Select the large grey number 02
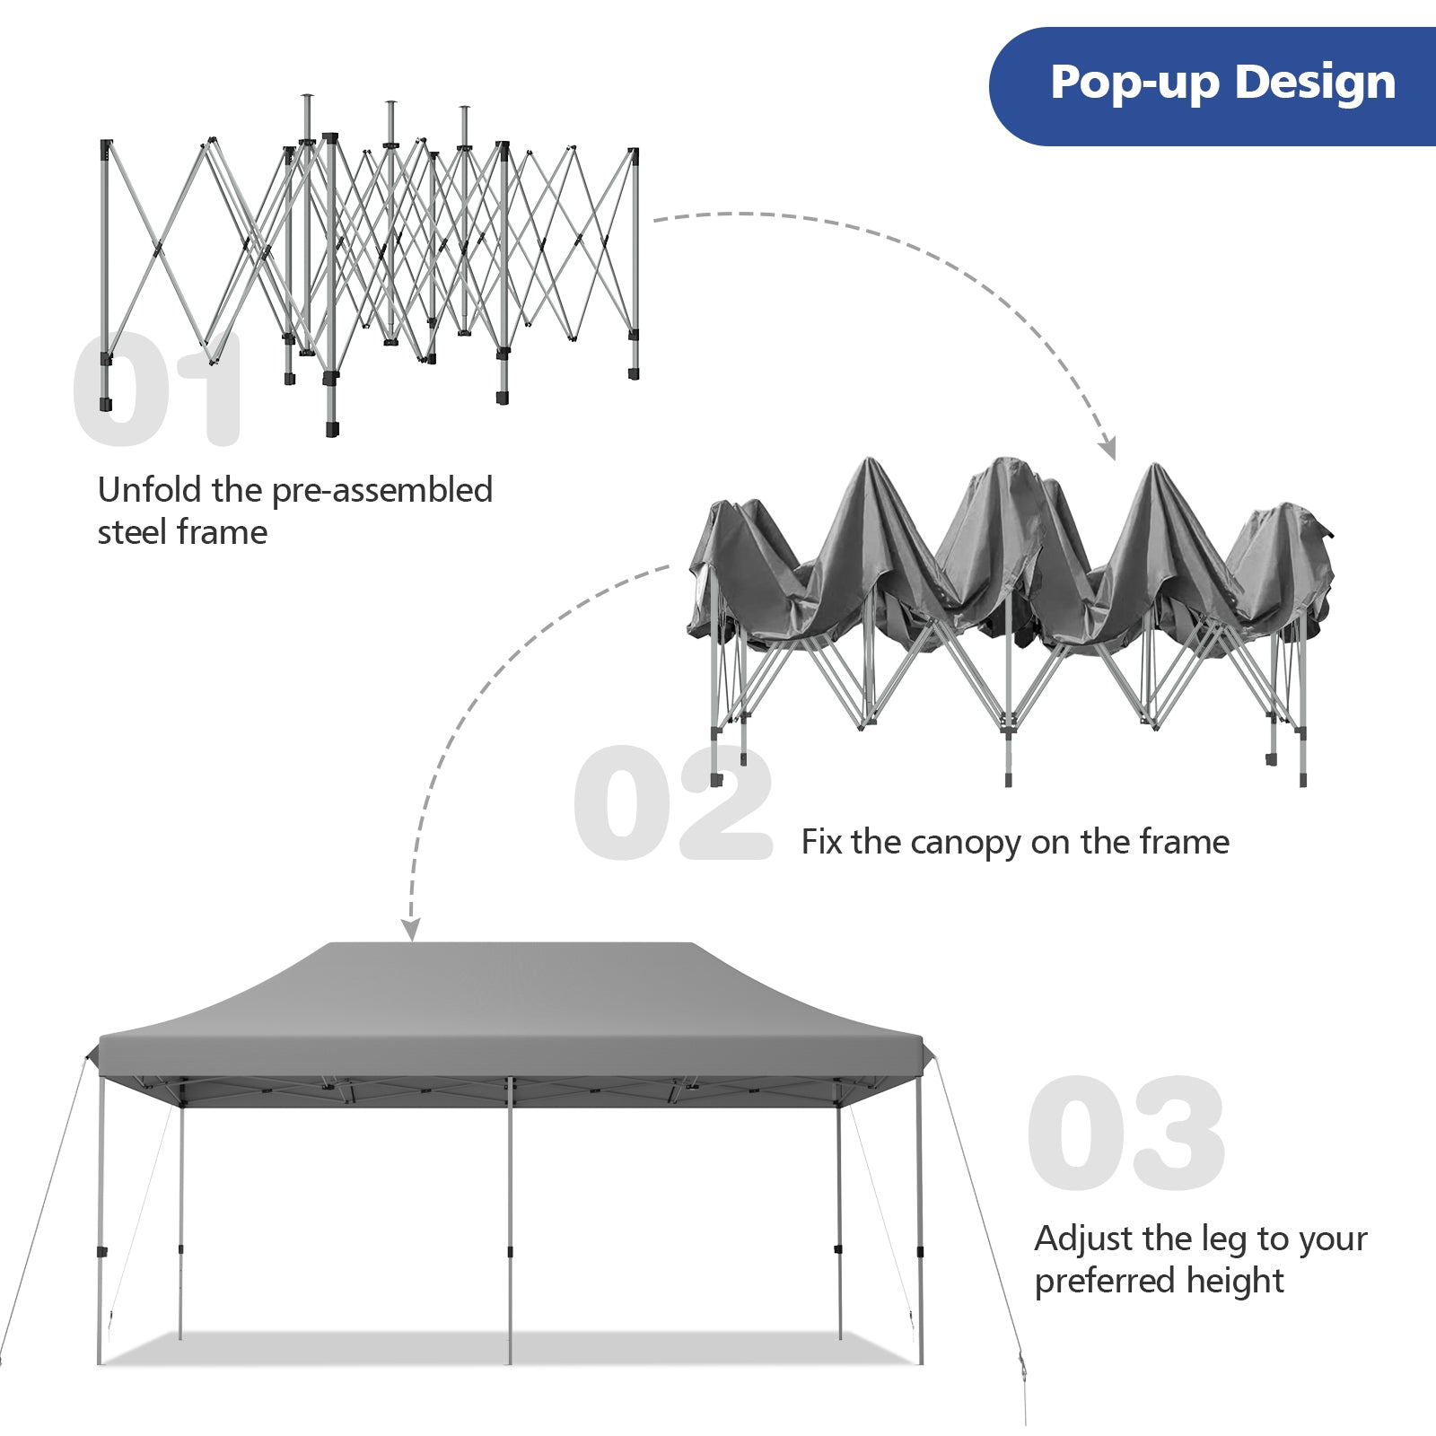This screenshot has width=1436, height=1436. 673,802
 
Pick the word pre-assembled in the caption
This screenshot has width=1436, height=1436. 381,490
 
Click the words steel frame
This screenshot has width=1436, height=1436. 182,532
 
